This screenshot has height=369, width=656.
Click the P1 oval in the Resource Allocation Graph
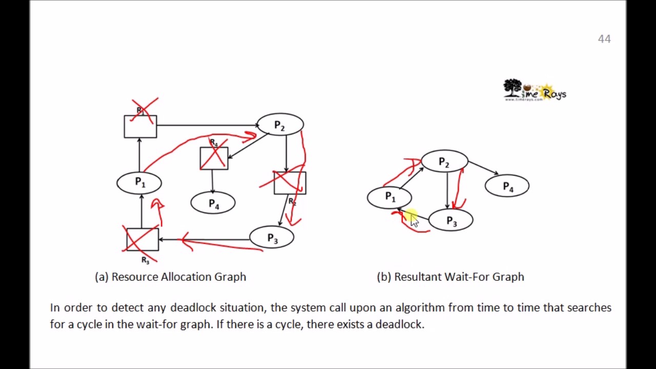tap(139, 182)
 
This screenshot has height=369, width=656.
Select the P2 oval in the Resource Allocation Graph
tap(280, 125)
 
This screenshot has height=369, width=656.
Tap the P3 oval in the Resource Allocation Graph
tap(272, 238)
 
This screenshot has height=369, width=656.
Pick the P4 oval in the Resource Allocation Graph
tap(213, 204)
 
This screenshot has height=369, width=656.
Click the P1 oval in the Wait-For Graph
tap(389, 197)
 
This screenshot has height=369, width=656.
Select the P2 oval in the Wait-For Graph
tap(444, 162)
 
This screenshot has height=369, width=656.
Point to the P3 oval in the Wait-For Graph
tap(451, 221)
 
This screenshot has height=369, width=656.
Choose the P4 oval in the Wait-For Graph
tap(507, 187)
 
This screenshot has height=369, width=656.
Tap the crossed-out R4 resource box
tap(214, 158)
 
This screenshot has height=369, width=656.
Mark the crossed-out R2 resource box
tap(290, 183)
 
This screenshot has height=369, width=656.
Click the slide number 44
tap(604, 39)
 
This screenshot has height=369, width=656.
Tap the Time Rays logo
tap(535, 91)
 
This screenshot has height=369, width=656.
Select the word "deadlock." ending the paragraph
tap(400, 324)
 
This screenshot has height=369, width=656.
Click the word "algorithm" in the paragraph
tap(420, 307)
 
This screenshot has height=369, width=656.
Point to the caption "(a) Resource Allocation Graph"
tap(171, 277)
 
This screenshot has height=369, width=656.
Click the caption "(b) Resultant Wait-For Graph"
tap(450, 277)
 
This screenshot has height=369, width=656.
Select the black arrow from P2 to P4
tap(483, 168)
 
